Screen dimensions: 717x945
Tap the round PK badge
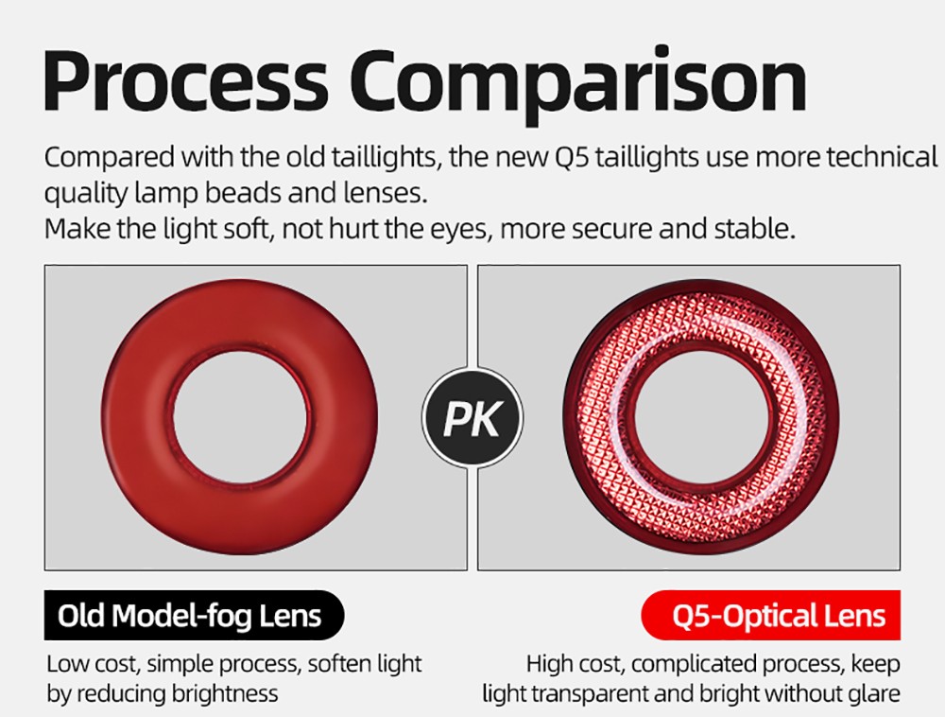(x=472, y=418)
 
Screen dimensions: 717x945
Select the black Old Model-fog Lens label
(x=189, y=617)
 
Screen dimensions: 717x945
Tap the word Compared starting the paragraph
(x=102, y=157)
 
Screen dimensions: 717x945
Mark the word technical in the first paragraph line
(x=882, y=157)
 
